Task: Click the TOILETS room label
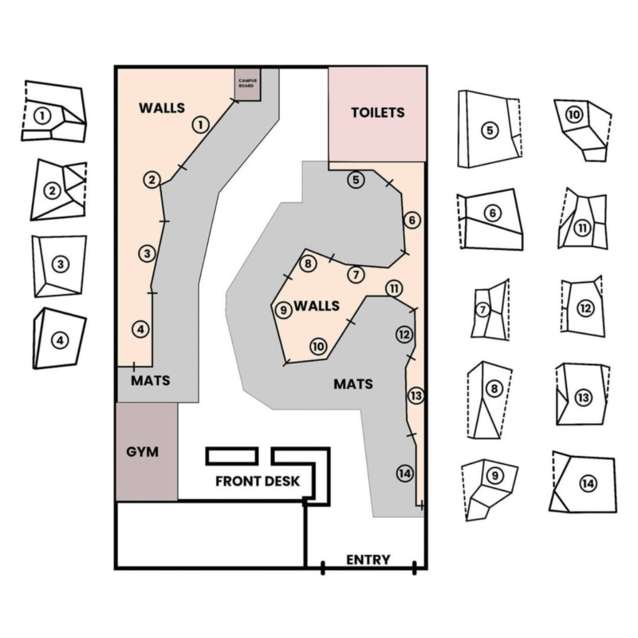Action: [x=378, y=113]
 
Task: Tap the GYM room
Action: [x=143, y=452]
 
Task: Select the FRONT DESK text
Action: [x=257, y=481]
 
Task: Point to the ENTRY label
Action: [x=368, y=559]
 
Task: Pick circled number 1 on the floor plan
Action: [x=200, y=125]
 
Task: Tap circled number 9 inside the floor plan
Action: [x=283, y=310]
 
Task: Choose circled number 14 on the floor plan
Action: [x=404, y=474]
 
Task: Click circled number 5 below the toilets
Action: [x=355, y=180]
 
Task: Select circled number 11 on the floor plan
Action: [x=394, y=288]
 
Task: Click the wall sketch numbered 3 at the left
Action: [x=60, y=265]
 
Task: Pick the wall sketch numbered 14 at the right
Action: [x=584, y=483]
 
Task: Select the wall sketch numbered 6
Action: [x=490, y=219]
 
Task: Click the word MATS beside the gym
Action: [x=150, y=380]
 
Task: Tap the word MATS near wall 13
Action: [x=353, y=384]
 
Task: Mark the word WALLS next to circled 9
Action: [x=317, y=306]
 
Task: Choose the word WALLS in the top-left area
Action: [x=162, y=108]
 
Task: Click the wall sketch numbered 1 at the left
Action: [x=54, y=112]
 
